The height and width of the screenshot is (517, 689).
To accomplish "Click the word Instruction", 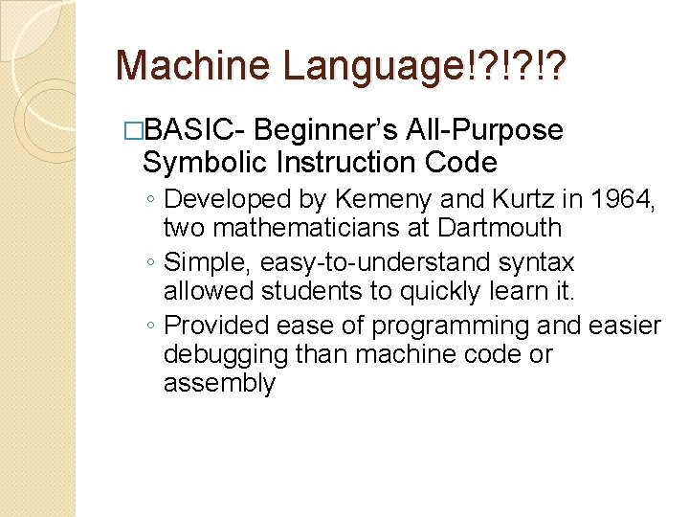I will [x=341, y=162].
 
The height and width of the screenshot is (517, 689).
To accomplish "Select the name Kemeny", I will [x=368, y=199].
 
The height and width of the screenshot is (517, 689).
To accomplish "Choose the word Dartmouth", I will [x=500, y=228].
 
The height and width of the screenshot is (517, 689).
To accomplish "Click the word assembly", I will [x=219, y=384].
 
